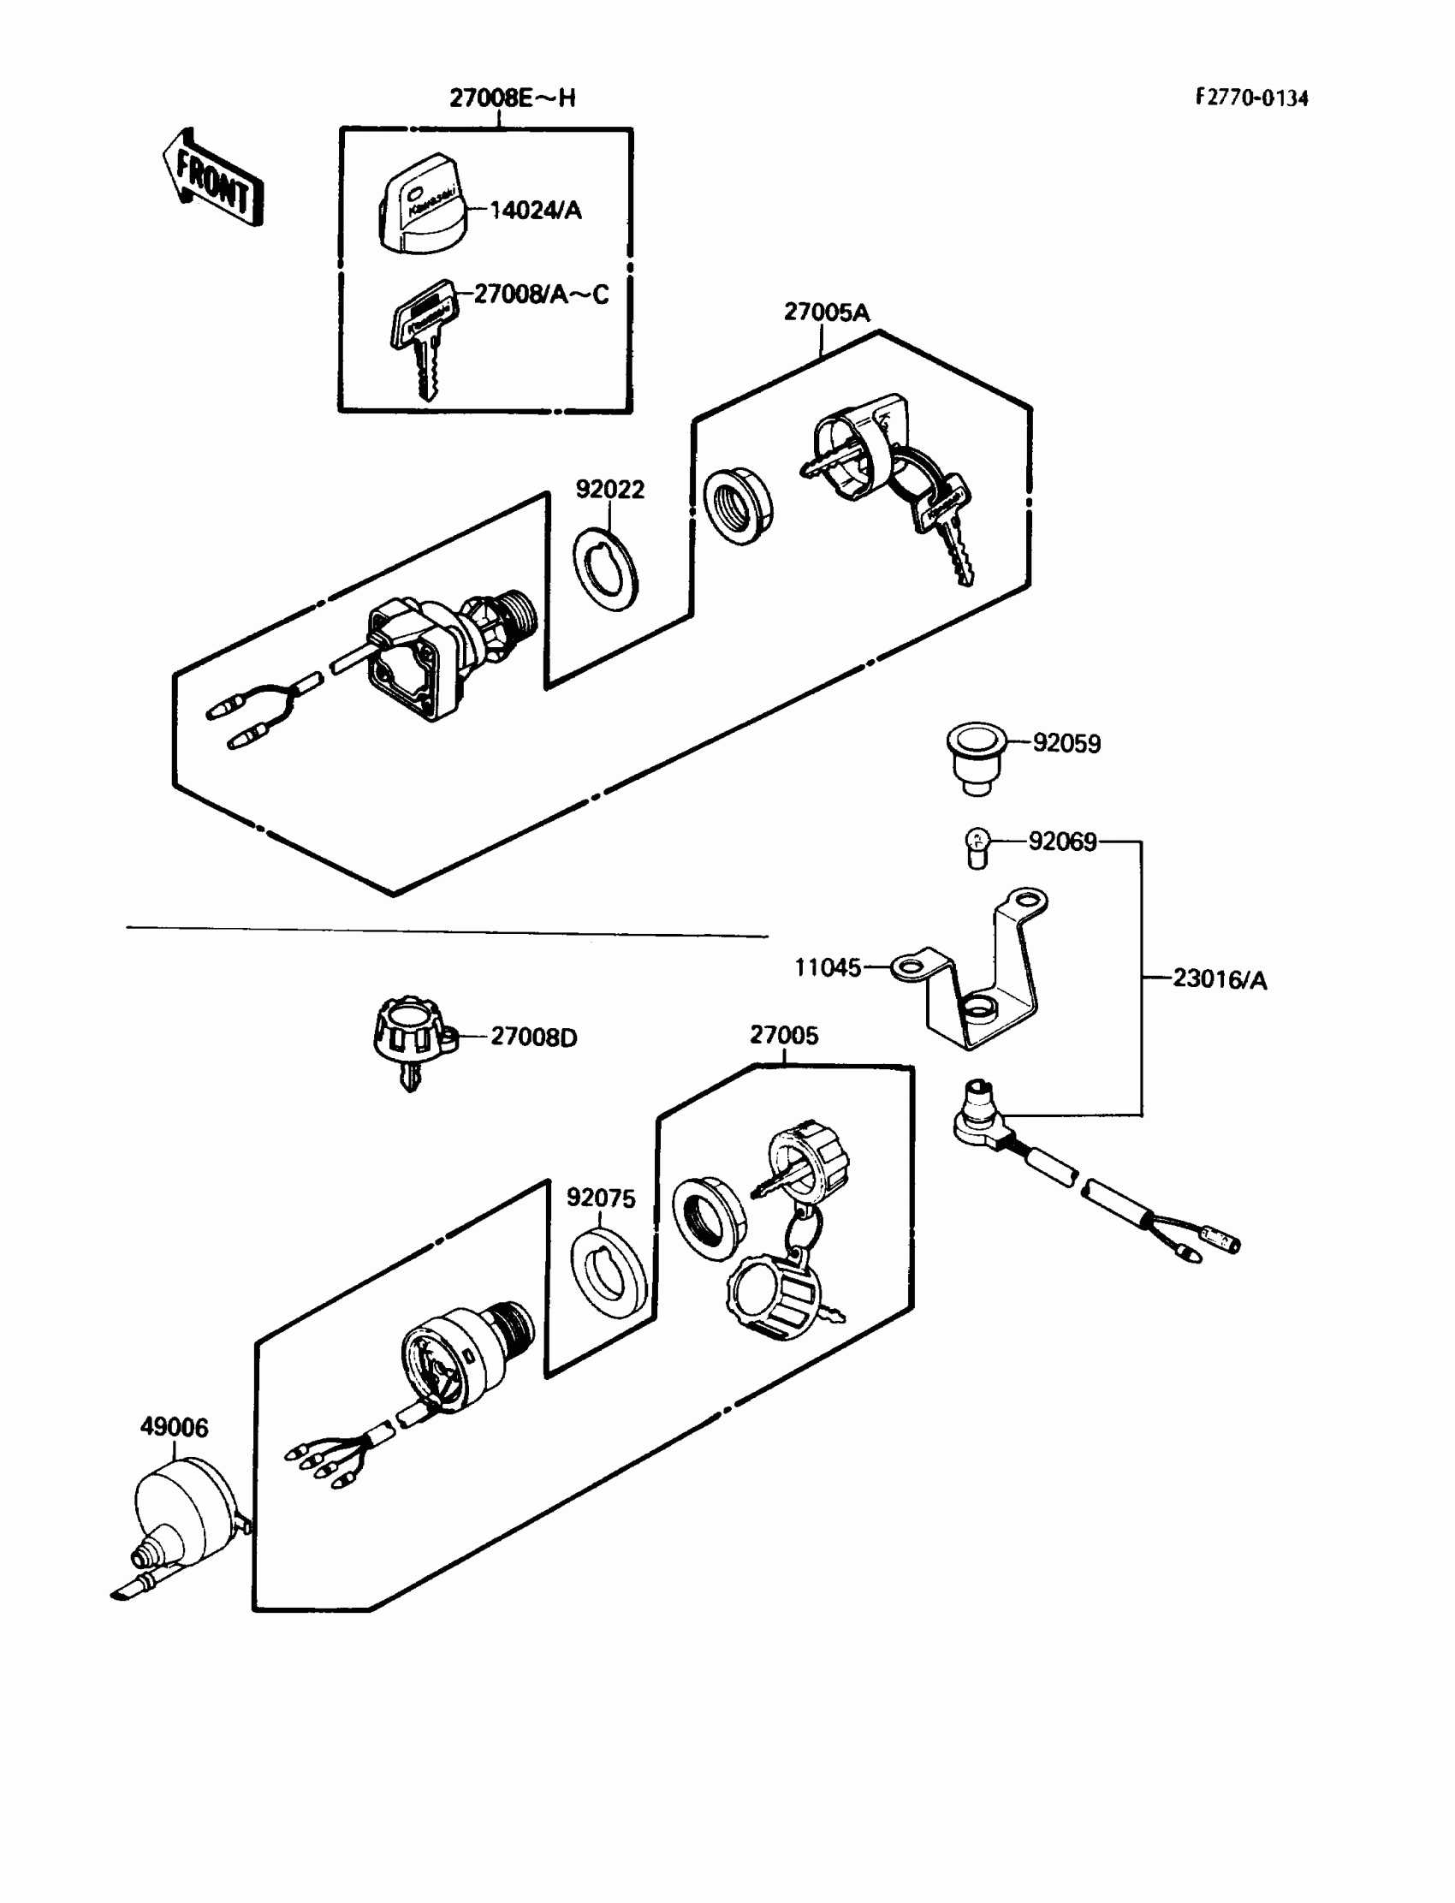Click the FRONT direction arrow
(x=213, y=180)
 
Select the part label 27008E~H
(x=512, y=98)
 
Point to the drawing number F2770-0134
(x=1251, y=98)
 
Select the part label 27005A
(x=826, y=312)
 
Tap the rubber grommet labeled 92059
(x=975, y=756)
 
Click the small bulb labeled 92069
(x=977, y=847)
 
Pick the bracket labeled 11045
(x=978, y=978)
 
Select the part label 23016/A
(x=1220, y=979)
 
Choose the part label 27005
(x=784, y=1035)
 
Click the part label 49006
(x=174, y=1426)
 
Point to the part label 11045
(x=828, y=966)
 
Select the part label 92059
(x=1066, y=743)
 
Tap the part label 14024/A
(x=535, y=211)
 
